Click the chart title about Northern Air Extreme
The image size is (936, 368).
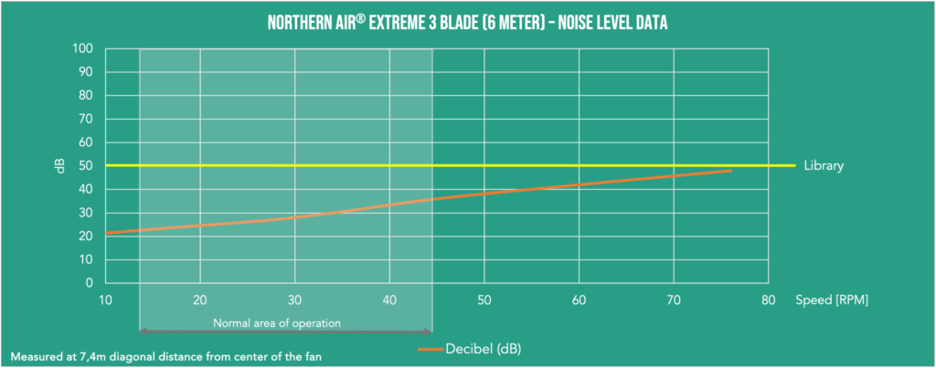point(467,22)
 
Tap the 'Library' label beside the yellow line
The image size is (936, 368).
point(823,166)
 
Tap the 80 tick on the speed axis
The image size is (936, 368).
point(769,300)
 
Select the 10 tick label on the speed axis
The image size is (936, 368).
point(106,300)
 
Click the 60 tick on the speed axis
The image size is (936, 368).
point(580,300)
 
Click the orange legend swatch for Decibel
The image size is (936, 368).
point(430,349)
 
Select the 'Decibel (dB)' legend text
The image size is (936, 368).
point(484,349)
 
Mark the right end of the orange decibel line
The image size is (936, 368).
point(731,171)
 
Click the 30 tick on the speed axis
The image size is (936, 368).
point(295,300)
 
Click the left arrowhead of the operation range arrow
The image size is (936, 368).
point(143,331)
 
